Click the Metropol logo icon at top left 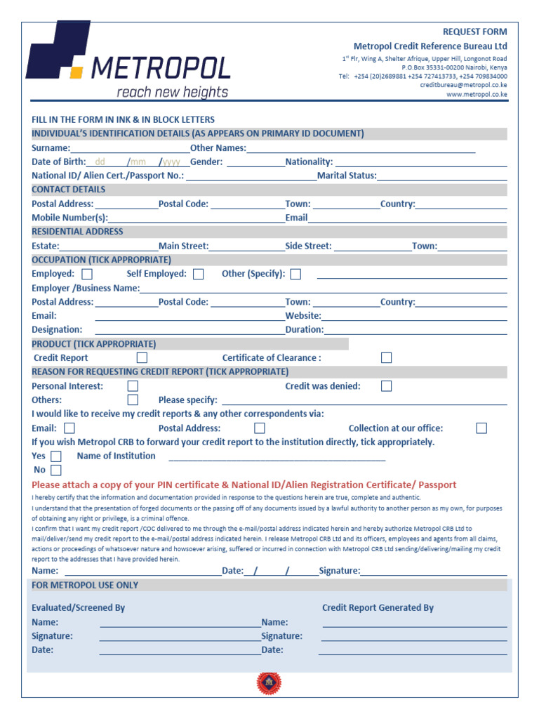(58, 51)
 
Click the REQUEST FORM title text (474, 32)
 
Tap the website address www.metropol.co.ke (477, 94)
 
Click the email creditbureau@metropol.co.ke (463, 85)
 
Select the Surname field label (51, 148)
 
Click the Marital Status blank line (441, 176)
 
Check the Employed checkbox (87, 275)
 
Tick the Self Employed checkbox (199, 275)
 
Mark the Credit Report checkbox (142, 358)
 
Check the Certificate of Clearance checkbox (386, 358)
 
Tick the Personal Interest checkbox (133, 386)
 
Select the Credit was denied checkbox (386, 386)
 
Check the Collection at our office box (481, 428)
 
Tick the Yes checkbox (56, 456)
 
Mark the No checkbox (56, 470)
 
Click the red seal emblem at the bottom (269, 682)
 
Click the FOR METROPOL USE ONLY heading (85, 586)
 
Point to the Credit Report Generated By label (378, 608)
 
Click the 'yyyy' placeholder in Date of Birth (172, 162)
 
